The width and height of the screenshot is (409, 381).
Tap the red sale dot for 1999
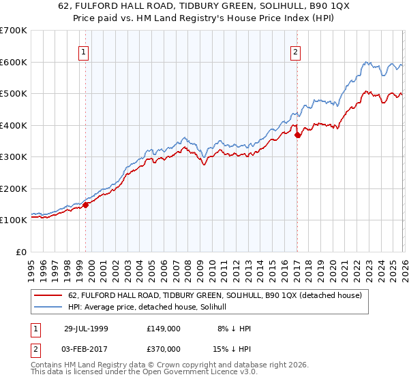tap(86, 204)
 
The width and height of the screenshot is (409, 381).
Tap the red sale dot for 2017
tap(297, 135)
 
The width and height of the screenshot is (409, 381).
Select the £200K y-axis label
tap(14, 188)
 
